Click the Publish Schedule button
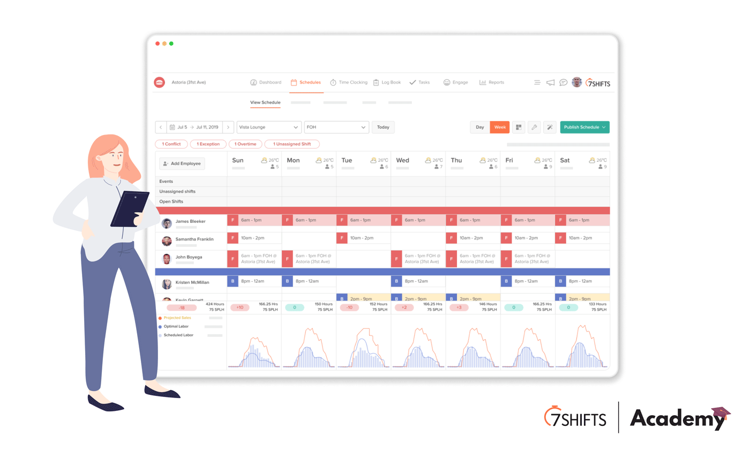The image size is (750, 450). point(584,127)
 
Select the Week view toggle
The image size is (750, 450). point(500,127)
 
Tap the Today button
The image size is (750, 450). point(383,127)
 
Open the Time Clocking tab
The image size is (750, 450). point(349,82)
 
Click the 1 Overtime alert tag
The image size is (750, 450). point(245,144)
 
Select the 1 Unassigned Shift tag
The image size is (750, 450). point(292,144)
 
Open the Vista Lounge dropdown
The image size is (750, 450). point(269,127)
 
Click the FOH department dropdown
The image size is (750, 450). point(336,127)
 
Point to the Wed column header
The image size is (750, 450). point(403,160)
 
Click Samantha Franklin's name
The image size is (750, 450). point(194,239)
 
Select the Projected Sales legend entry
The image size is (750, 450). point(177,318)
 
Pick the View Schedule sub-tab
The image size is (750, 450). point(265,102)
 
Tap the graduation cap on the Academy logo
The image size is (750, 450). point(721,414)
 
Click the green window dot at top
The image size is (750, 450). point(171,43)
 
